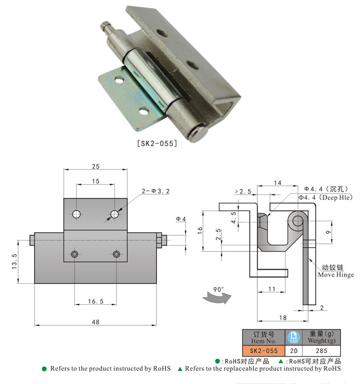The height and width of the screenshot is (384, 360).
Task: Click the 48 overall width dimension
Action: pyautogui.click(x=96, y=322)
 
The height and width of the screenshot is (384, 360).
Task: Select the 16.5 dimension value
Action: pyautogui.click(x=95, y=300)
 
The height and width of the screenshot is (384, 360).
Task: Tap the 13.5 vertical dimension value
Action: pyautogui.click(x=14, y=261)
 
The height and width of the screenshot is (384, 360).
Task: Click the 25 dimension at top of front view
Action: pyautogui.click(x=96, y=166)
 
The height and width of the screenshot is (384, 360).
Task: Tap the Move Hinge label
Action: pyautogui.click(x=336, y=275)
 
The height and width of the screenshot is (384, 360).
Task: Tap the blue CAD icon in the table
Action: pyautogui.click(x=293, y=337)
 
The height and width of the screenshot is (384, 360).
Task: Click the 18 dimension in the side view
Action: pyautogui.click(x=283, y=317)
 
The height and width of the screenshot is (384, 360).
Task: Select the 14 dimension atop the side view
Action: pyautogui.click(x=278, y=183)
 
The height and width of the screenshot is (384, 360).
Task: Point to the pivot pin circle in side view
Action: pyautogui.click(x=298, y=221)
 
